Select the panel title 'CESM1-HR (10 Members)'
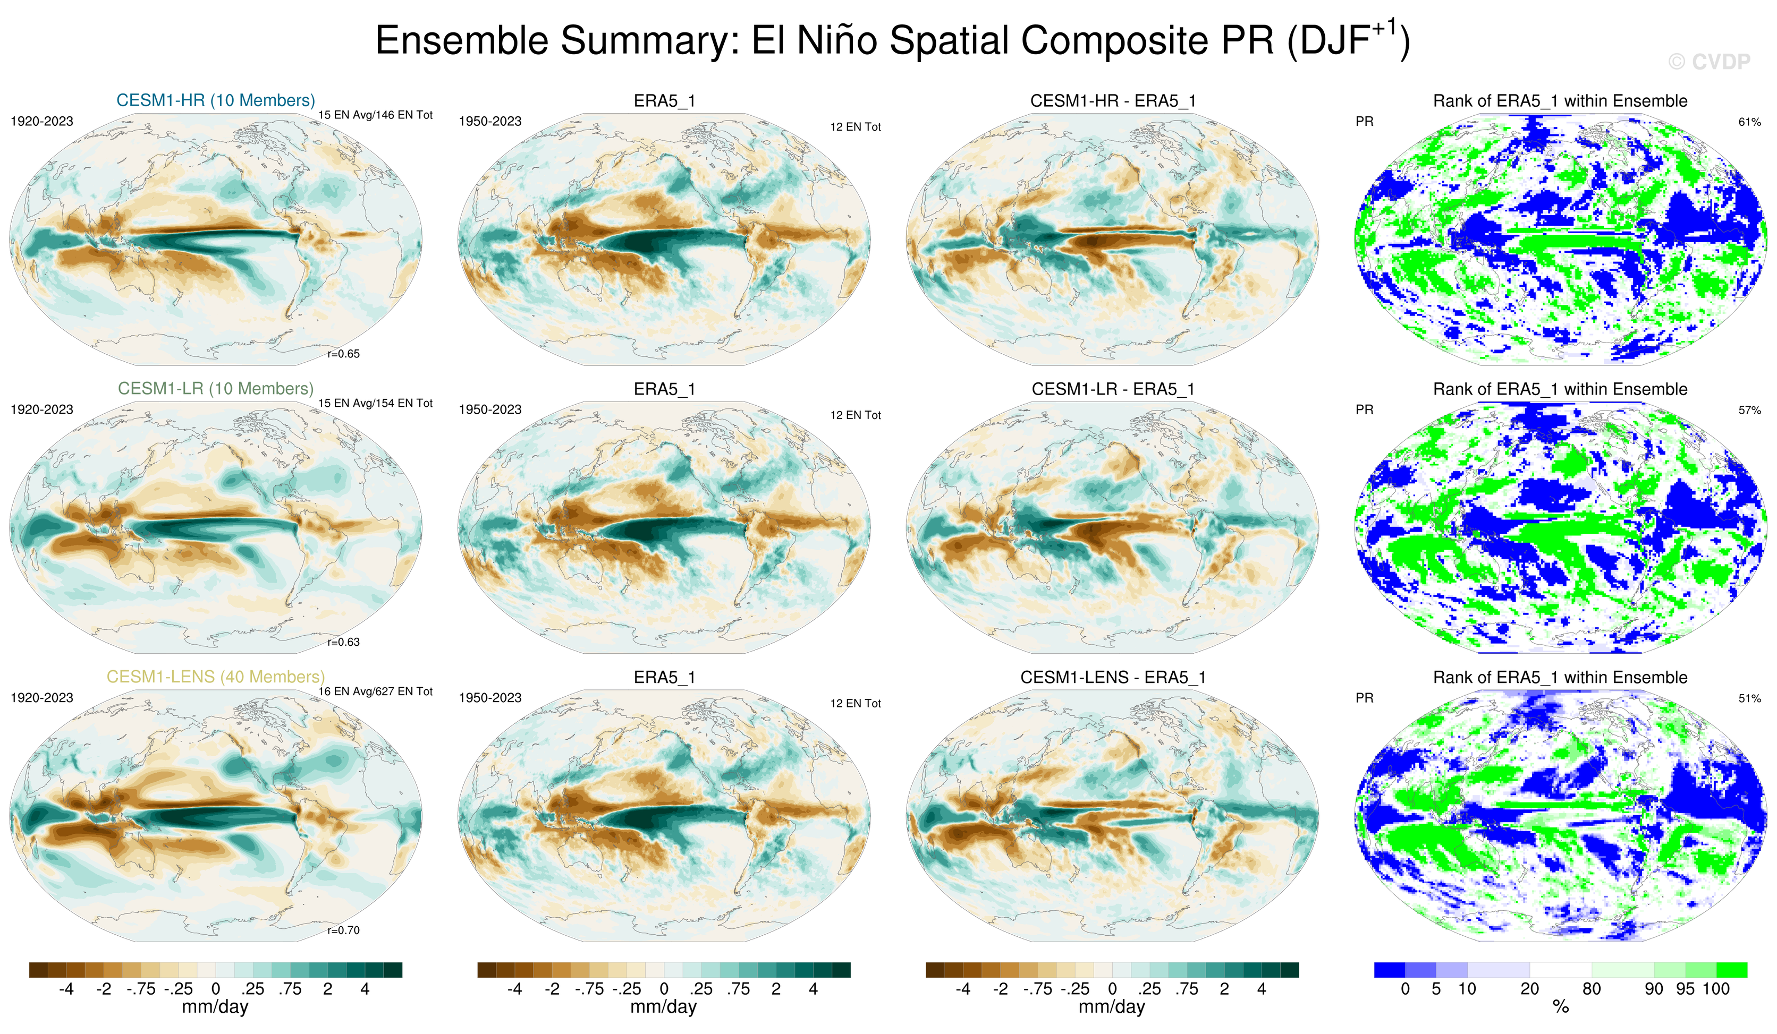coord(216,100)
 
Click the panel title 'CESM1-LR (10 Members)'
coord(216,388)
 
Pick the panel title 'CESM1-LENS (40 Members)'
coord(216,677)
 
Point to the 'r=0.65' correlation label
coord(343,354)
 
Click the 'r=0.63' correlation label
coord(343,642)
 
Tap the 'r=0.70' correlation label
coord(343,930)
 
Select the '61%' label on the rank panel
coord(1749,122)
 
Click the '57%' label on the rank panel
coord(1749,410)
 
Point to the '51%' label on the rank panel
coord(1749,698)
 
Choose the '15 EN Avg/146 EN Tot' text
coord(375,115)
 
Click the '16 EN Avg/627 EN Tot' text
coord(375,691)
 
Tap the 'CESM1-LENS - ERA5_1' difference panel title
coord(1113,677)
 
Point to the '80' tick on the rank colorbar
coord(1592,989)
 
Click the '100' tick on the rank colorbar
coord(1716,989)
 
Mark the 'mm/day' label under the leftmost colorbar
coord(215,1006)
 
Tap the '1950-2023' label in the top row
coord(490,121)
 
